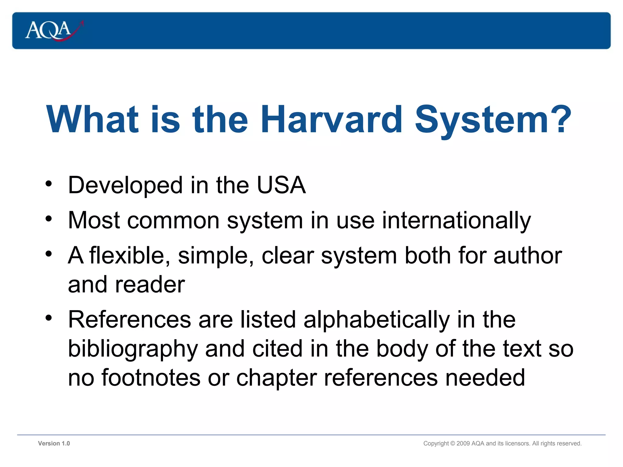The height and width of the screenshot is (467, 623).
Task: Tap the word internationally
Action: [x=456, y=221]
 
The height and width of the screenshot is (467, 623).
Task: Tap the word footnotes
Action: [x=151, y=378]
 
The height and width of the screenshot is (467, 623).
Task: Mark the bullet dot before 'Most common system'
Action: [x=49, y=219]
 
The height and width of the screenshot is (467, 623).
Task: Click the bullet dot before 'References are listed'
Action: [x=49, y=318]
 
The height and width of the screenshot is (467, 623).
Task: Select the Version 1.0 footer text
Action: [x=54, y=443]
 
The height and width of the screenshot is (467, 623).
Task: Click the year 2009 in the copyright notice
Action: [x=463, y=444]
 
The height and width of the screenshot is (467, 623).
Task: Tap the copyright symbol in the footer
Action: [x=452, y=444]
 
